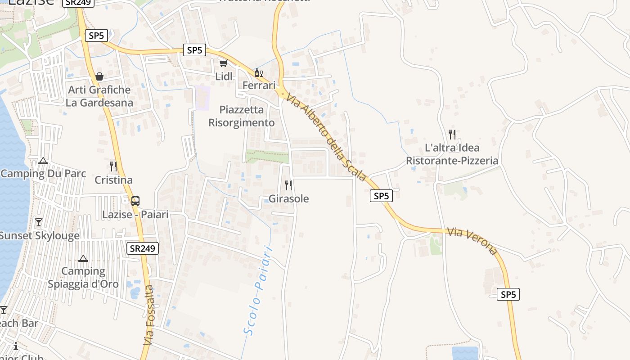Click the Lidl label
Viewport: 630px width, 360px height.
tap(224, 76)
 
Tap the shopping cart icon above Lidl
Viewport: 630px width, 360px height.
tap(223, 63)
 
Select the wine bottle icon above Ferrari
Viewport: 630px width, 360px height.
tap(258, 72)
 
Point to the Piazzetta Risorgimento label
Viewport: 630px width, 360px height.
tap(241, 116)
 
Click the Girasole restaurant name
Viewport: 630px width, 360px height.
tap(288, 198)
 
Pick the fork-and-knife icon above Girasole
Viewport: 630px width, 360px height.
tap(288, 185)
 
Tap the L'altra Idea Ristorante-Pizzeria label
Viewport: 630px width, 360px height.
tap(452, 154)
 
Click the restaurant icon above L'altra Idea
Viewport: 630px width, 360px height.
tap(452, 134)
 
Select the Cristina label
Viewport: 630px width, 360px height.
tap(113, 180)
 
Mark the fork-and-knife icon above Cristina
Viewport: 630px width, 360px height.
tap(113, 166)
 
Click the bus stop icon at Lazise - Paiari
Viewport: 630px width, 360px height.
tap(135, 201)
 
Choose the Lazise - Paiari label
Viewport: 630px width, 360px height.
tap(135, 215)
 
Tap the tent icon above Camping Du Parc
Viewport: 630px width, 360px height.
tap(43, 161)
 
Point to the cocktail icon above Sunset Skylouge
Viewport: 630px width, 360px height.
tap(39, 222)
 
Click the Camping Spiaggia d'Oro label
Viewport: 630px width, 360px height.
tap(83, 277)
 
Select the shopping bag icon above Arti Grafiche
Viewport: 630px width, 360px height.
tap(99, 76)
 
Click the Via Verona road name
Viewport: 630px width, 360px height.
tap(472, 241)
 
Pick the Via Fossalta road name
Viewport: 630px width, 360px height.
tap(149, 315)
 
